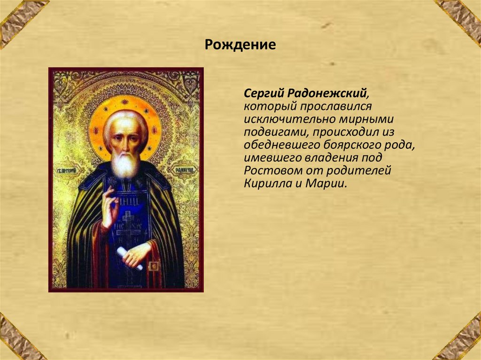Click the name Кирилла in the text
tap(267, 183)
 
